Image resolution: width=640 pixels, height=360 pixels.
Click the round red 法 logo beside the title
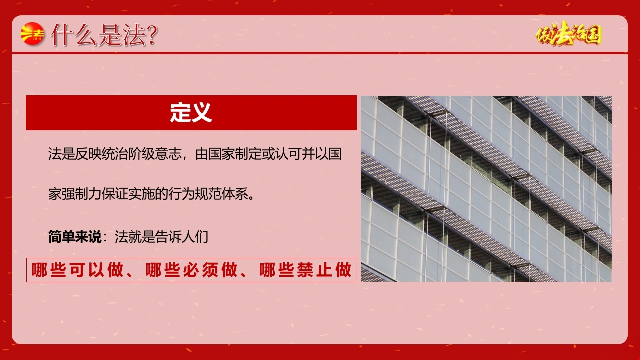(x=33, y=34)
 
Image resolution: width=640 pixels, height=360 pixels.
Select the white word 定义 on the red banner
(x=191, y=113)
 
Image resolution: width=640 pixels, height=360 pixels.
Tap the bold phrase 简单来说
(x=75, y=237)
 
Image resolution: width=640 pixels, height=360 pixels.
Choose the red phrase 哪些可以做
(x=77, y=270)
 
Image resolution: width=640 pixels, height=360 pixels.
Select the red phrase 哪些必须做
(x=191, y=270)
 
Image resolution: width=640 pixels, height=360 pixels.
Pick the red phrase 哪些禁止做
(x=305, y=270)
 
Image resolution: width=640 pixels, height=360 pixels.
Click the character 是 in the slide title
(x=111, y=35)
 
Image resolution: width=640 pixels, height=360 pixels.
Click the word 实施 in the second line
(x=141, y=194)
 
